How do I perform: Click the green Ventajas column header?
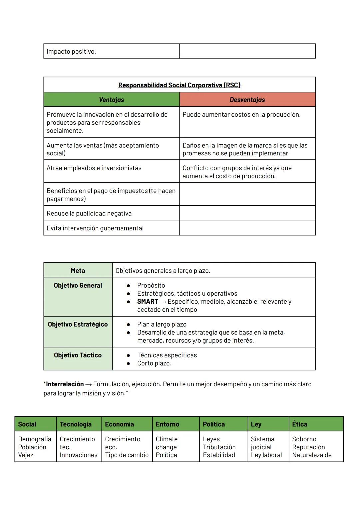111,100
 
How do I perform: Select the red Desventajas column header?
247,100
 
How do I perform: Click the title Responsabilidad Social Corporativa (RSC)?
179,85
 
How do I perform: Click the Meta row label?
78,271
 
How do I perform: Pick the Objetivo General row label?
78,285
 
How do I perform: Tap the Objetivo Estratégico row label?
78,324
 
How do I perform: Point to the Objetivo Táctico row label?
78,355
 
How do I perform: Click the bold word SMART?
148,302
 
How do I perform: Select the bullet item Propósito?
151,285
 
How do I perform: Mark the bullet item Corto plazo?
154,363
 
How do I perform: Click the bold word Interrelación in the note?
65,384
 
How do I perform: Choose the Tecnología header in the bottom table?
76,424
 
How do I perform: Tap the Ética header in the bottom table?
300,424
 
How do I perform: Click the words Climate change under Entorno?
167,443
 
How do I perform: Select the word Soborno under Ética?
304,439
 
